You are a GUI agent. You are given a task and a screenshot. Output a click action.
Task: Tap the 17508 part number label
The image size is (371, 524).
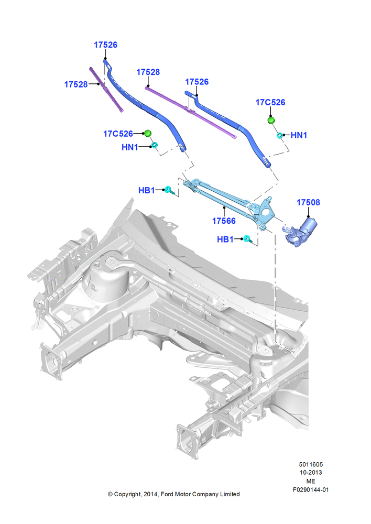308,202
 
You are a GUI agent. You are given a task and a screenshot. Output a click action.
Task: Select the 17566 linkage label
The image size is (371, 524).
224,221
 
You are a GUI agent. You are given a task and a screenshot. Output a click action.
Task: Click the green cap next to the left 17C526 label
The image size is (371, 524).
147,133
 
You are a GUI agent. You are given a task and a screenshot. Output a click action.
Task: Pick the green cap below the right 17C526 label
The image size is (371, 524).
271,120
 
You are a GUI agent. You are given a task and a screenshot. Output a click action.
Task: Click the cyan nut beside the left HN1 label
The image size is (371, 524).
155,145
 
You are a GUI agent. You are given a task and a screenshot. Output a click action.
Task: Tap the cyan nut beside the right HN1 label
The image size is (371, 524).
279,135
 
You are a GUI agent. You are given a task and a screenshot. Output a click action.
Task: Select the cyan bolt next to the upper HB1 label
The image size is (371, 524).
169,190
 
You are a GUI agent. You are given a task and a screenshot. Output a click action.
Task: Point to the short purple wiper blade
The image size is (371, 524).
106,90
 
